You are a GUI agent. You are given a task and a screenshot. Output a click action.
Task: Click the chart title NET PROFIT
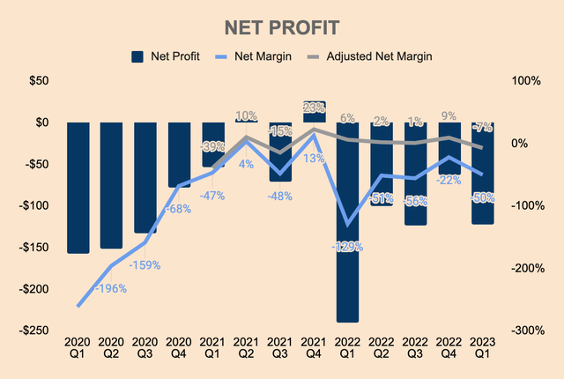[282, 26]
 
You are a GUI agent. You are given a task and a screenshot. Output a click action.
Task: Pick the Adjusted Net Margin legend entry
[370, 56]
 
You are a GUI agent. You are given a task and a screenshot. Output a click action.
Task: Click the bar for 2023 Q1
[482, 173]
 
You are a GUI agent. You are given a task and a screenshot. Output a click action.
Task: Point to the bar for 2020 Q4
[179, 155]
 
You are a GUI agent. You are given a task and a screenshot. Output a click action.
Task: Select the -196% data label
[111, 288]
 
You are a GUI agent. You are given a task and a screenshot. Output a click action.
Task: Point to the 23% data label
[315, 108]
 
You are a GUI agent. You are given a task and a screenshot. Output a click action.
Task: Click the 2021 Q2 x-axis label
[246, 347]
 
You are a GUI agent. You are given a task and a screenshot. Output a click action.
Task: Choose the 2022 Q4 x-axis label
[449, 347]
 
